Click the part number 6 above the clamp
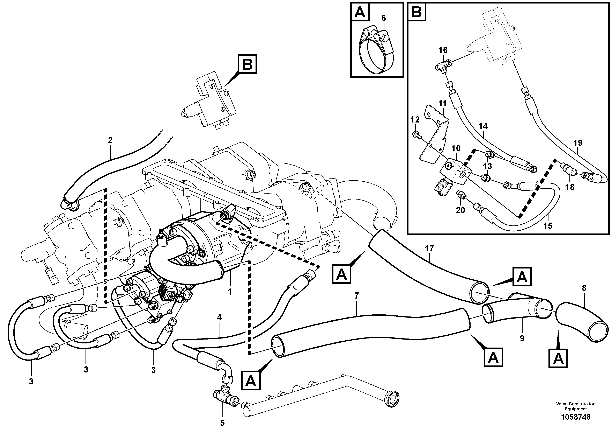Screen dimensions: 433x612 [x=383, y=18]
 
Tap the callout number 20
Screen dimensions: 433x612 [x=460, y=210]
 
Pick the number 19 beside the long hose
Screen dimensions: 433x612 [x=578, y=143]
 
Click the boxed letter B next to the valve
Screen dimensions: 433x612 [x=247, y=64]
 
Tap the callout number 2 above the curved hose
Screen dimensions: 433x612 [x=110, y=140]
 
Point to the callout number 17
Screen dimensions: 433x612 [x=429, y=249]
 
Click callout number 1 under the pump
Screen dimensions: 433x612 [x=229, y=292]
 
